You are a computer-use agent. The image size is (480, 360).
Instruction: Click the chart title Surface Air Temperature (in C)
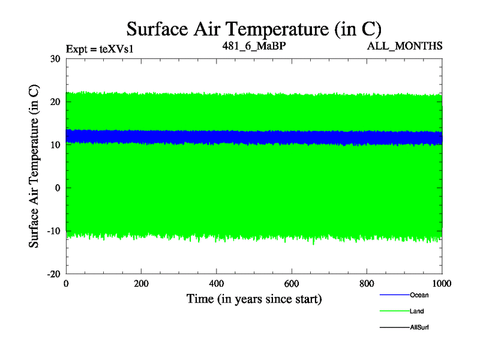click(254, 28)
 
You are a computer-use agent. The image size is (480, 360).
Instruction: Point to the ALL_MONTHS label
click(405, 46)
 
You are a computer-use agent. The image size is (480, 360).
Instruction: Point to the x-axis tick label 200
click(141, 284)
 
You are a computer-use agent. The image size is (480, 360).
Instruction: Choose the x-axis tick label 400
click(216, 284)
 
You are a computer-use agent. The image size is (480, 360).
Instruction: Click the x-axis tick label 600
click(292, 284)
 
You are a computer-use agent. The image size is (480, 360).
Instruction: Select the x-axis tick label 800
click(367, 284)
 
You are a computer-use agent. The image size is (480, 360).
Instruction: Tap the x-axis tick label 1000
click(442, 284)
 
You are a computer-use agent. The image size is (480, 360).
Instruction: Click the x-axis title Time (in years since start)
click(254, 298)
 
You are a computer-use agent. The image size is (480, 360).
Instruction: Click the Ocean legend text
click(419, 295)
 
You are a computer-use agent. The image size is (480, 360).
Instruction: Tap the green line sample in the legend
click(394, 311)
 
